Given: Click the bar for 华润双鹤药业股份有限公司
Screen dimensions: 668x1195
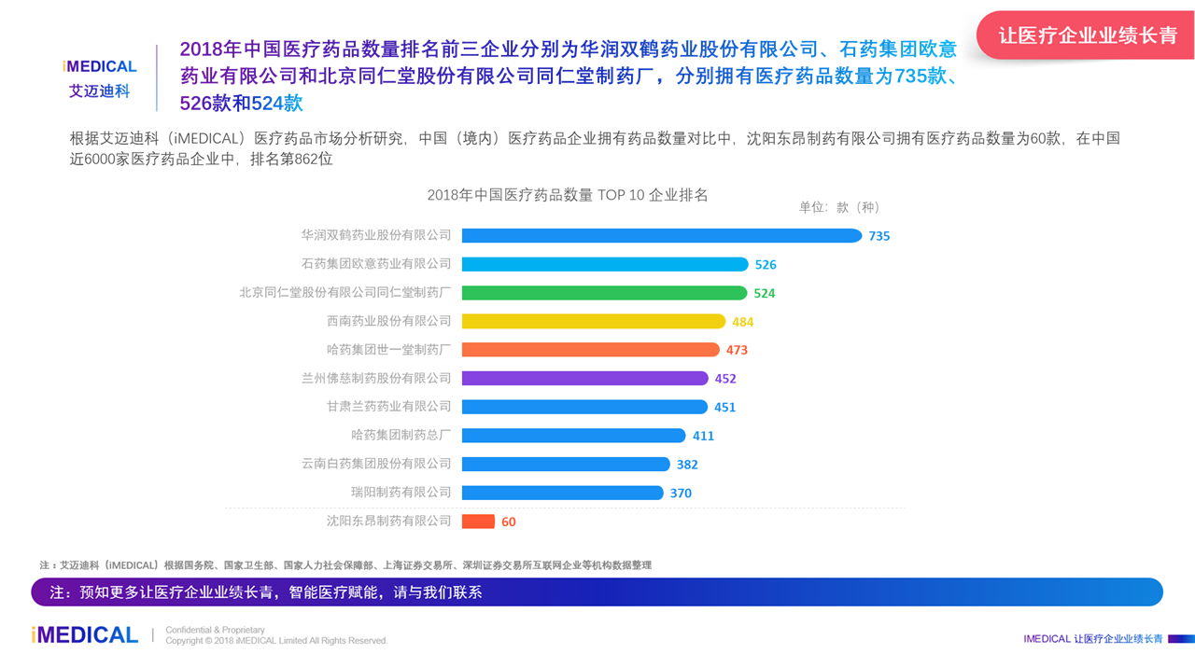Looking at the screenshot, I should (661, 236).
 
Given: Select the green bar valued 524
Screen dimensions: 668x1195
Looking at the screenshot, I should (604, 293).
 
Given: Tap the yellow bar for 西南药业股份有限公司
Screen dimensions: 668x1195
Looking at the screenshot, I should (593, 321).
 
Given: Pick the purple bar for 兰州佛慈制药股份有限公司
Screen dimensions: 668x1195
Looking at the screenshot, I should (584, 378).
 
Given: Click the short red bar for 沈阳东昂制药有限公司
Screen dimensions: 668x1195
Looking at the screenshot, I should (478, 522).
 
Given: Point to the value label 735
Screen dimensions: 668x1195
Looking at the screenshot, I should (879, 236).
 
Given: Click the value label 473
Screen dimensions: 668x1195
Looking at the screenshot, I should (737, 350).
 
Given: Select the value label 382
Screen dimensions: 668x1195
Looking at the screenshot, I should (687, 465).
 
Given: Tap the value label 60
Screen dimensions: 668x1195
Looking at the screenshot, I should (509, 522).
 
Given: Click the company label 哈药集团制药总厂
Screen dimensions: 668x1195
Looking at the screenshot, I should (401, 435).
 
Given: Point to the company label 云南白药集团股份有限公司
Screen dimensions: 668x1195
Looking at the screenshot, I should (376, 464).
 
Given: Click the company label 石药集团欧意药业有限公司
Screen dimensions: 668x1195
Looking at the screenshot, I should (376, 264).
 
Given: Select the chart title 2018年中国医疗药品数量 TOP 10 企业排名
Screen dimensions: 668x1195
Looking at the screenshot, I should (568, 195).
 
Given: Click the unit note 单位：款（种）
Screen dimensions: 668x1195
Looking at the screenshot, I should (839, 207).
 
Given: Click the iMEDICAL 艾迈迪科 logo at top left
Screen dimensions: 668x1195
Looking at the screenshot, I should (99, 78).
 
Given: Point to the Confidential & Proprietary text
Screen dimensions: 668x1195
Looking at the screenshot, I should (215, 630).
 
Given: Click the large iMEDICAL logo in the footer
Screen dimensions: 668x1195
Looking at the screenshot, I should (85, 635).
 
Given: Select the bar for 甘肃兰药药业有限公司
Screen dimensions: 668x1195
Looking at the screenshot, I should (584, 407).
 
